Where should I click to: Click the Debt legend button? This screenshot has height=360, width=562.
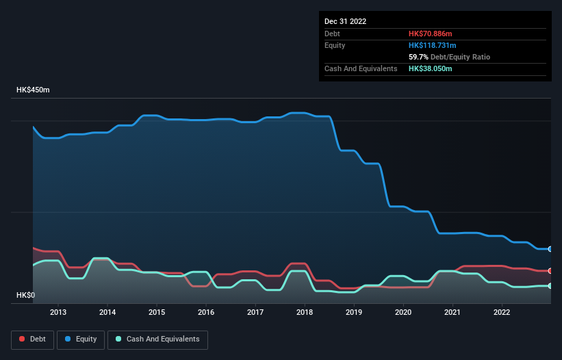pos(31,339)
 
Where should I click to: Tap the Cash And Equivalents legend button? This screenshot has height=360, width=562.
pos(157,339)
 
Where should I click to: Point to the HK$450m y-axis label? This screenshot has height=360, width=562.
pos(33,90)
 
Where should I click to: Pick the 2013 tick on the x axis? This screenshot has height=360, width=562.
pos(58,313)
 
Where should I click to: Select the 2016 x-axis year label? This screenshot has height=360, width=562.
pos(206,313)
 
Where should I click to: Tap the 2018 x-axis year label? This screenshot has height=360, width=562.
pos(305,313)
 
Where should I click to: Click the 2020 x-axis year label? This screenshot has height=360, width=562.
pos(403,313)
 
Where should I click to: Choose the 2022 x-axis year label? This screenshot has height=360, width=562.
pos(502,313)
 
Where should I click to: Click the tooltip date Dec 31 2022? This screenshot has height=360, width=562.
pos(345,21)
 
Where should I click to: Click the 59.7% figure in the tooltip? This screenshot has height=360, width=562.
pos(419,57)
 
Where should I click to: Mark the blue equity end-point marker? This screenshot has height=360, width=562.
pos(550,248)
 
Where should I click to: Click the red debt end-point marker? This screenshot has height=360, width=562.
pos(550,271)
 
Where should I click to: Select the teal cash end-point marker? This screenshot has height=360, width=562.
pos(550,285)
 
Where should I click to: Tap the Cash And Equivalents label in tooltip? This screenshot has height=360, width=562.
pos(361,68)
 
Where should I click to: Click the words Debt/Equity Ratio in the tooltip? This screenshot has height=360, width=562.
pos(461,57)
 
